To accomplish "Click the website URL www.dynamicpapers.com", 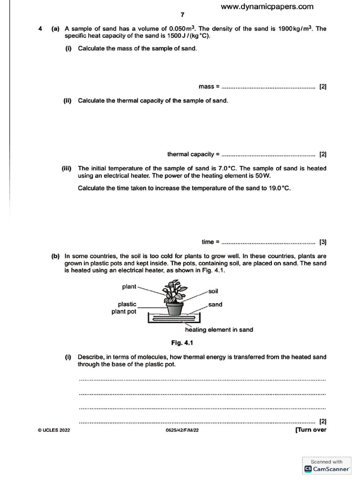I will coord(267,7).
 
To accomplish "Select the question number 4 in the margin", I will coord(40,29).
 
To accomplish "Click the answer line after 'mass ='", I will coord(268,87).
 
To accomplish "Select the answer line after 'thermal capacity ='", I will coord(268,155).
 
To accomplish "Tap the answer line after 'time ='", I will coord(268,243).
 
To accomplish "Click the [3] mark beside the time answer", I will coord(322,242).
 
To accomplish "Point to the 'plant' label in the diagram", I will coord(129,286).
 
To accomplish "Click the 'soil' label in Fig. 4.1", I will coord(213,291).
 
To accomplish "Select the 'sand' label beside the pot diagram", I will coord(215,304).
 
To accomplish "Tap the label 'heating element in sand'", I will coord(219,330).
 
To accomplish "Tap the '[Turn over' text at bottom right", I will coord(310,430).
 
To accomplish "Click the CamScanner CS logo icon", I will coord(308,468).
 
